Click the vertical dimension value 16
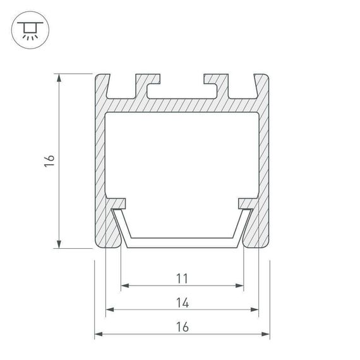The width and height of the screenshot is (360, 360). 49,161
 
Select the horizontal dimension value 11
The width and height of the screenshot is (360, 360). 182,278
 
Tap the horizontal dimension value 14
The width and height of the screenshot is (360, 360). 182,303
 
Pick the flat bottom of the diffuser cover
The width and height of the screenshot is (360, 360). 182,243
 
